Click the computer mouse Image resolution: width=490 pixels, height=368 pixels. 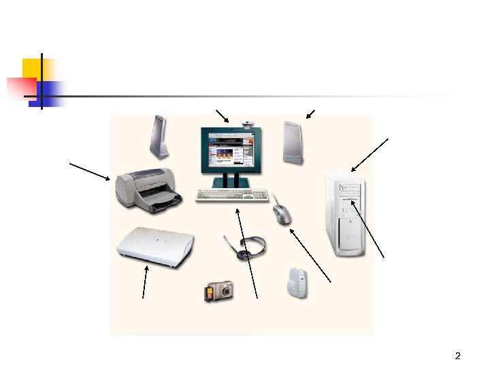pyautogui.click(x=282, y=213)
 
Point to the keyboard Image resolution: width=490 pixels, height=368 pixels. pyautogui.click(x=232, y=196)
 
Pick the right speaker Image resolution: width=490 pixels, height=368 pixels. pyautogui.click(x=293, y=142)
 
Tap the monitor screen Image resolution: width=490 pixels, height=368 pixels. pyautogui.click(x=229, y=151)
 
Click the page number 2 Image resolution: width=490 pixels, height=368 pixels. pyautogui.click(x=457, y=356)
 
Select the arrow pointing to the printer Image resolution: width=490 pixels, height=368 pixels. pyautogui.click(x=89, y=170)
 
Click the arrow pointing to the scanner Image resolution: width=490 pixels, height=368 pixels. pyautogui.click(x=144, y=281)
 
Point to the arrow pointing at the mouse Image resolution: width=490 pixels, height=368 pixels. pyautogui.click(x=310, y=255)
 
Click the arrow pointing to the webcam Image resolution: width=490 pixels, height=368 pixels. pyautogui.click(x=222, y=115)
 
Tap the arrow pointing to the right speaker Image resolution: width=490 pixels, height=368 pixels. pyautogui.click(x=310, y=113)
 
